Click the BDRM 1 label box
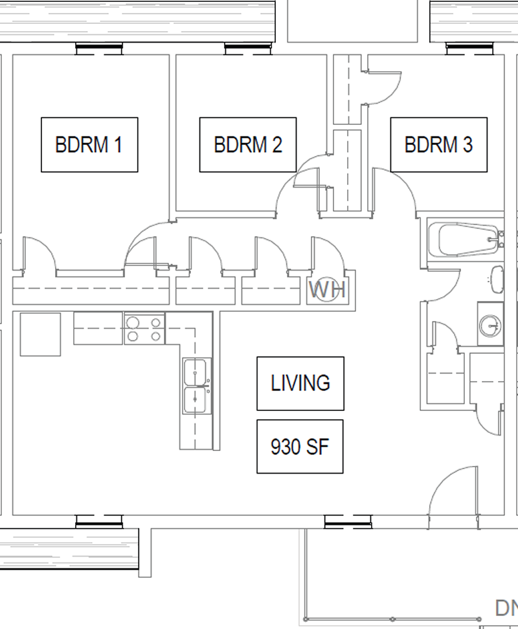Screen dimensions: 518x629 pos(89,145)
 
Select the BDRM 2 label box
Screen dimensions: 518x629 pos(248,145)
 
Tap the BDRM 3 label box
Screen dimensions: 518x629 pos(439,145)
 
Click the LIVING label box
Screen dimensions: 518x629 pos(300,384)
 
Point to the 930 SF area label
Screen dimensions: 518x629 pos(300,447)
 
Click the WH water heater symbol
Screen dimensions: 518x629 pos(328,289)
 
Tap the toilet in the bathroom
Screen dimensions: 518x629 pos(497,280)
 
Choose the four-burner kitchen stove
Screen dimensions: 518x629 pos(144,329)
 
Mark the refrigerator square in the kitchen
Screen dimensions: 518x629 pos(41,335)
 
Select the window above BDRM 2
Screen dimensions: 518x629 pos(248,49)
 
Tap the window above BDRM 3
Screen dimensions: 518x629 pos(470,49)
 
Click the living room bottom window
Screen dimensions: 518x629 pos(348,522)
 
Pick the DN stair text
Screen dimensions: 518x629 pos(506,608)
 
